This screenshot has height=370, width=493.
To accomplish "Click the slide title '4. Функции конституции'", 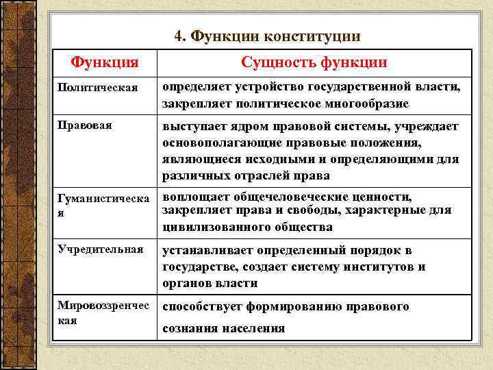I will coord(267,36).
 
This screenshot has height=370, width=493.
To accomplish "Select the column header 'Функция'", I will coord(105,62).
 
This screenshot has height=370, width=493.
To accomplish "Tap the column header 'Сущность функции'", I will coord(314,62).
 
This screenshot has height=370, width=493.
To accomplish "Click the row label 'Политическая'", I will coord(99,88).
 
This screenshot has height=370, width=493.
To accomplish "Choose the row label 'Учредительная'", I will coord(101,250).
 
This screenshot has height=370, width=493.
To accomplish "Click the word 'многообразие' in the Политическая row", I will coord(368,103).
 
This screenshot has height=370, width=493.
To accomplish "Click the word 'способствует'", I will coord(203,306).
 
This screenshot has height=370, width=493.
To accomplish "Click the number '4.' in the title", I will coord(181,36).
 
